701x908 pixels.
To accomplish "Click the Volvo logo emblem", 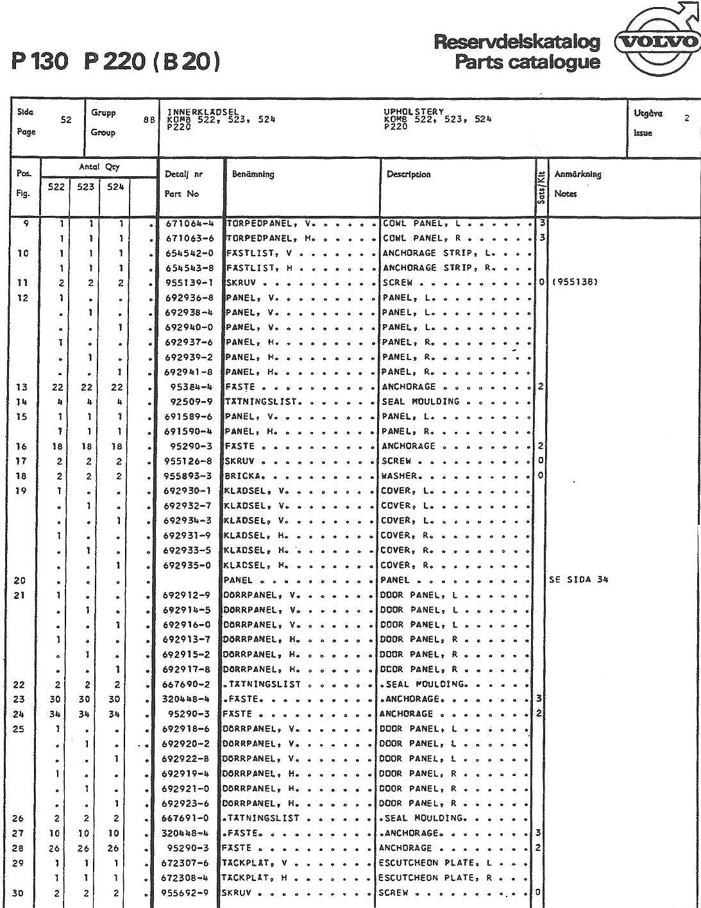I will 656,43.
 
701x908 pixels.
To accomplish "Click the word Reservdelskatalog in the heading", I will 517,42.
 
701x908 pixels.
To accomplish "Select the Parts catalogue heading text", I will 527,62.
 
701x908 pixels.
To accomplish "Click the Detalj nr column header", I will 183,174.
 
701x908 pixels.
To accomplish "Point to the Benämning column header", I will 253,174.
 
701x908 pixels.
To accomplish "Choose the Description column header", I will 409,174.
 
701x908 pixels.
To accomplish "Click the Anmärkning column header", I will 577,174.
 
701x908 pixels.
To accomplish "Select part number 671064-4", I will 188,224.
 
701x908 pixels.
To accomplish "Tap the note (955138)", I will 575,283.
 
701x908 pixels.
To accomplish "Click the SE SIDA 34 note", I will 578,580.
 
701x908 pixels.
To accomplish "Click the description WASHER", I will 401,476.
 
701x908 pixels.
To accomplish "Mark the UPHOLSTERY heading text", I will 414,111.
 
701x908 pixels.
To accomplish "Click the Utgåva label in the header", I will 648,113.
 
